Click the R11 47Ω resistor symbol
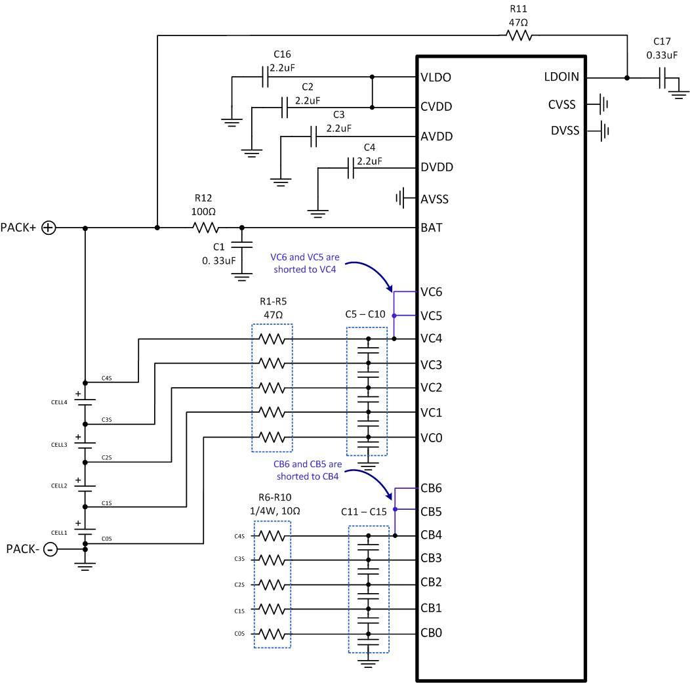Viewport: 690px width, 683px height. click(518, 35)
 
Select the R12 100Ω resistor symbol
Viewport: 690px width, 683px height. click(205, 228)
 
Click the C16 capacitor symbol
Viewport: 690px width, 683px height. click(266, 77)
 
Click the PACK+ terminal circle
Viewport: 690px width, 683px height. click(49, 228)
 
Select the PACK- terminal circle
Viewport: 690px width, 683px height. click(50, 549)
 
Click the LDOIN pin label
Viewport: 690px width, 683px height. click(561, 77)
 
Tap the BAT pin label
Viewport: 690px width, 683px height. click(431, 228)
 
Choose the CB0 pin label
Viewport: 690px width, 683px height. click(431, 633)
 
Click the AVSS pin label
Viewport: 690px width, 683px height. click(435, 198)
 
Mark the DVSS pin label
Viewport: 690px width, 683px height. click(565, 131)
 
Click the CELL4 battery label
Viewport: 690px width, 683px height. click(60, 402)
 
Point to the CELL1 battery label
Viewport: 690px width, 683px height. click(60, 532)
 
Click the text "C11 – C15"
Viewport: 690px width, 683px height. click(368, 511)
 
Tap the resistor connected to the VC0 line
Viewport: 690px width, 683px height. click(272, 437)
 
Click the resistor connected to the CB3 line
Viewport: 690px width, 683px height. click(272, 559)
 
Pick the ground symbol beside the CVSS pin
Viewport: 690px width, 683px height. click(603, 104)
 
